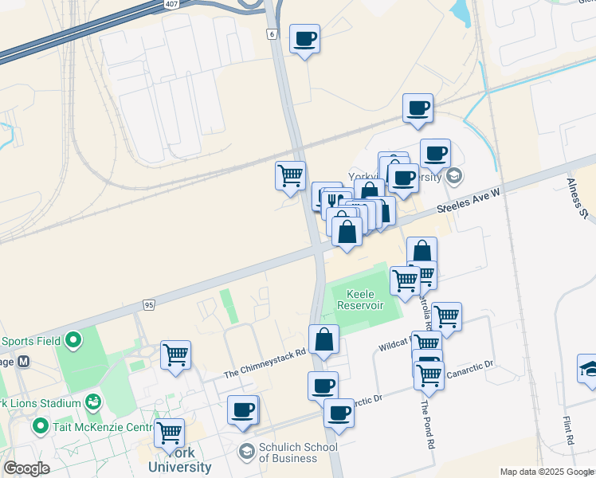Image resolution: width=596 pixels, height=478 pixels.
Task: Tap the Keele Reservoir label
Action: click(x=360, y=300)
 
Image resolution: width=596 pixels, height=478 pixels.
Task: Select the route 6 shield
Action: click(x=272, y=34)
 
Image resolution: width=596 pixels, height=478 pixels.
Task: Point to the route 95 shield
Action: click(x=149, y=304)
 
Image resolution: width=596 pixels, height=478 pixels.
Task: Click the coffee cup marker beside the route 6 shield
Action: click(x=304, y=38)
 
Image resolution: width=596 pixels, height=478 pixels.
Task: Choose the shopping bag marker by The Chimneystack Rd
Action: click(x=324, y=340)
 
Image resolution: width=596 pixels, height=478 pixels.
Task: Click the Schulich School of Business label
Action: click(x=299, y=453)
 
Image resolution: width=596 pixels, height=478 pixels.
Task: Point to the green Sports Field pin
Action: click(x=73, y=341)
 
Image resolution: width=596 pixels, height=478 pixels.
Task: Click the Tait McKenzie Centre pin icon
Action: click(x=41, y=427)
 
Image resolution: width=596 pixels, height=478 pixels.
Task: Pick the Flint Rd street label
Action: click(x=568, y=430)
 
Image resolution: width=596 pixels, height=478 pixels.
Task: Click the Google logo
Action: click(x=26, y=468)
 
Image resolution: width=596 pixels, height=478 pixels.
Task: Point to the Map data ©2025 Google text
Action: click(x=546, y=471)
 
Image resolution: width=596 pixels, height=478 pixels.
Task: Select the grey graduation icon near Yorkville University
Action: click(x=454, y=176)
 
